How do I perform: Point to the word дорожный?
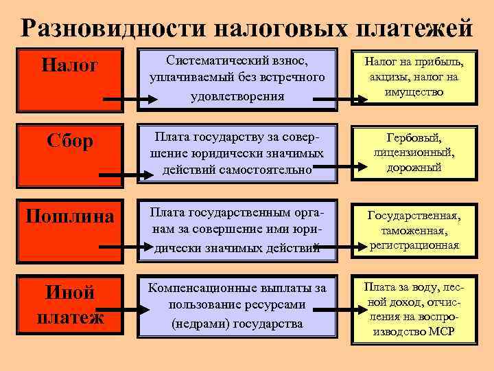point(414,167)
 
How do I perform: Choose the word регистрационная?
point(414,245)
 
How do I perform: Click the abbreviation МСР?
point(443,332)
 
